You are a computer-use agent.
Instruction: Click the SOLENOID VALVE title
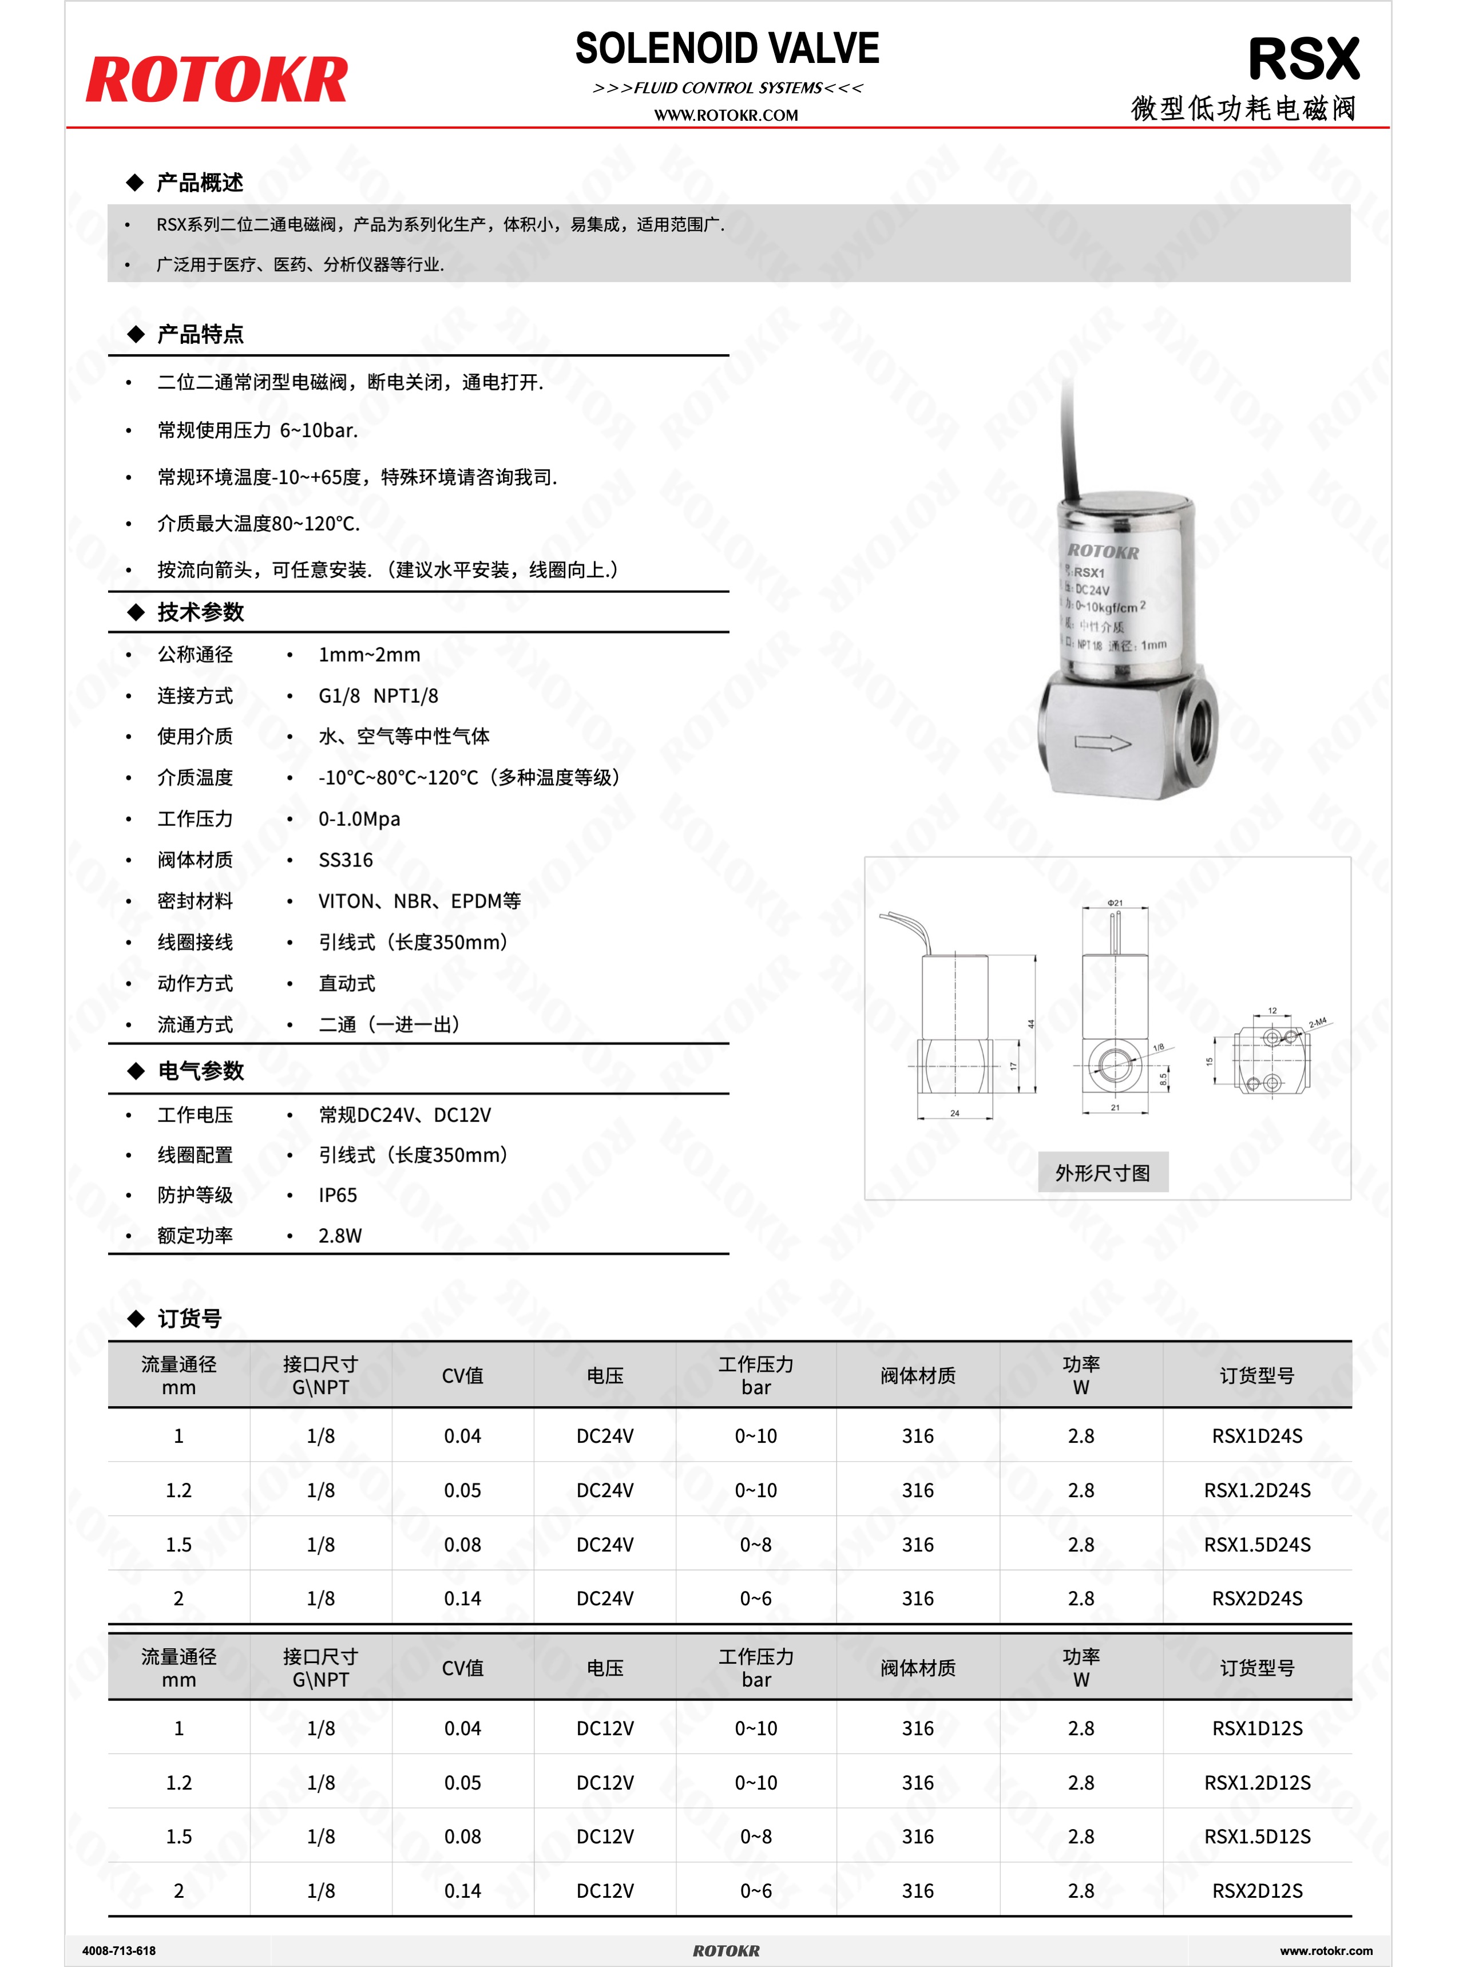[x=727, y=49]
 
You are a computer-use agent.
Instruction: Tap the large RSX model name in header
[x=1303, y=60]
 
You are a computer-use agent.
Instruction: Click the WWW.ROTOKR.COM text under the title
[x=726, y=115]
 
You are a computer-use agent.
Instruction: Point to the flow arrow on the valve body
[x=1102, y=743]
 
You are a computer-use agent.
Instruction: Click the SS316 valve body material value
[x=346, y=860]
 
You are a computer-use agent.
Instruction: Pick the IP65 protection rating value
[x=338, y=1195]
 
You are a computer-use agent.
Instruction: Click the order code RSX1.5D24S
[x=1257, y=1544]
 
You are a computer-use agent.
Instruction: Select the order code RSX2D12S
[x=1257, y=1890]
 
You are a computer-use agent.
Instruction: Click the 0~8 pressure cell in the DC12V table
[x=755, y=1837]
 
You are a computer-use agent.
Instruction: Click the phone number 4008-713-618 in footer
[x=118, y=1950]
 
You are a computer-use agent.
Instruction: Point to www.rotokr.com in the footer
[x=1326, y=1950]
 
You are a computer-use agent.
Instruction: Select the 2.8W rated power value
[x=340, y=1236]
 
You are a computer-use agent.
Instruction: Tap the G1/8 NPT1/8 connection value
[x=378, y=696]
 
